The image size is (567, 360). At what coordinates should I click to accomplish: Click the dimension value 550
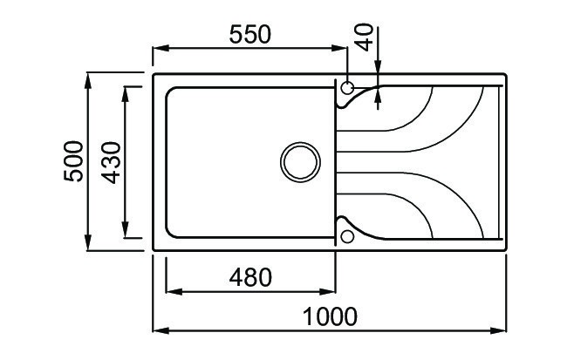click(249, 34)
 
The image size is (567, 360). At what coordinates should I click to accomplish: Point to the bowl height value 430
click(111, 161)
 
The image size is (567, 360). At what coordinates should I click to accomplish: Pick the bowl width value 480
click(249, 277)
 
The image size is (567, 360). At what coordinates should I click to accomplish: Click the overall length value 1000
click(331, 316)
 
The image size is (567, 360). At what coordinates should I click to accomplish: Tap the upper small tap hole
click(347, 88)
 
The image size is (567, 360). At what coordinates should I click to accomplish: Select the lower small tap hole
click(347, 235)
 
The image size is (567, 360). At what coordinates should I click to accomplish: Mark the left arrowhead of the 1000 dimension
click(159, 330)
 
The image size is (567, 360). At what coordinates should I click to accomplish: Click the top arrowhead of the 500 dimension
click(89, 80)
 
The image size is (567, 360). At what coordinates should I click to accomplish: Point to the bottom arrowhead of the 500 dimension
click(89, 244)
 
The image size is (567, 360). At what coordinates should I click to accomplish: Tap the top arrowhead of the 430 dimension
click(127, 92)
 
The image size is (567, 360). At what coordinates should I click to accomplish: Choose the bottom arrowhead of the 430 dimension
click(127, 231)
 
